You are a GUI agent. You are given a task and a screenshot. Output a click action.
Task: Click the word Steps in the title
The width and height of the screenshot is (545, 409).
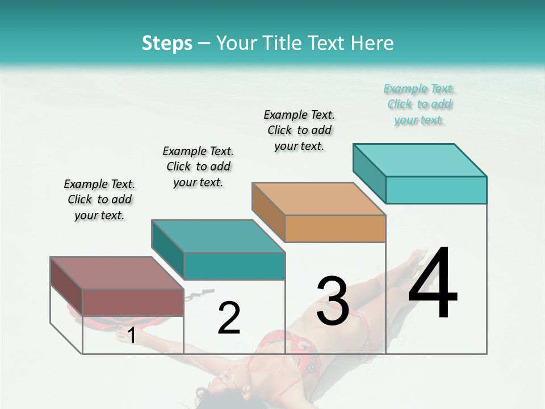tap(167, 43)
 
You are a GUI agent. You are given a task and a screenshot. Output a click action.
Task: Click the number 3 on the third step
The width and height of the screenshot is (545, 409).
tap(333, 301)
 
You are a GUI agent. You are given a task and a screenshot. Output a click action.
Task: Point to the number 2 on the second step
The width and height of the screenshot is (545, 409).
tap(229, 318)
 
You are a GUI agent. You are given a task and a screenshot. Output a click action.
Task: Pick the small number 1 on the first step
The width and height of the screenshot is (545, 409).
tap(132, 335)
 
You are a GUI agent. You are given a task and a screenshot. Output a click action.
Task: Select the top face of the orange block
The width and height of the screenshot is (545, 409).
tap(318, 199)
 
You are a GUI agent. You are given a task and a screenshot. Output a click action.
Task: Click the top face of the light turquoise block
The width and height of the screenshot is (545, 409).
tap(420, 160)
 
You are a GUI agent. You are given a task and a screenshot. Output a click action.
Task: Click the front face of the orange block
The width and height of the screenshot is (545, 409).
tap(335, 229)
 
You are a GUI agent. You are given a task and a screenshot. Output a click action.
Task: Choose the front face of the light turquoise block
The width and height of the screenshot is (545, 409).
tap(436, 190)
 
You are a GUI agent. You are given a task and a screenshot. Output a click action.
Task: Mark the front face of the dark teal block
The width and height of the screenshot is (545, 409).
tap(234, 266)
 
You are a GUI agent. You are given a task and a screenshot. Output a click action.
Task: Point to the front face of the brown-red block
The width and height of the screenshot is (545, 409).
tap(133, 302)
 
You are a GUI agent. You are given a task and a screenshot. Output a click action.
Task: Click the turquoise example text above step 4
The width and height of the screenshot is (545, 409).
tap(420, 105)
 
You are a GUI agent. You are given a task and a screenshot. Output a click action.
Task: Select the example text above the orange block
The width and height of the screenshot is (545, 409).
tap(299, 130)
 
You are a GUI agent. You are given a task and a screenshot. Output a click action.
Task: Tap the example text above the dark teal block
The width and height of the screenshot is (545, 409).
tap(198, 166)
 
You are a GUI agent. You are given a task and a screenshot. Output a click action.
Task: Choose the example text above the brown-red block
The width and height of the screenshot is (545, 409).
tap(99, 199)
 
